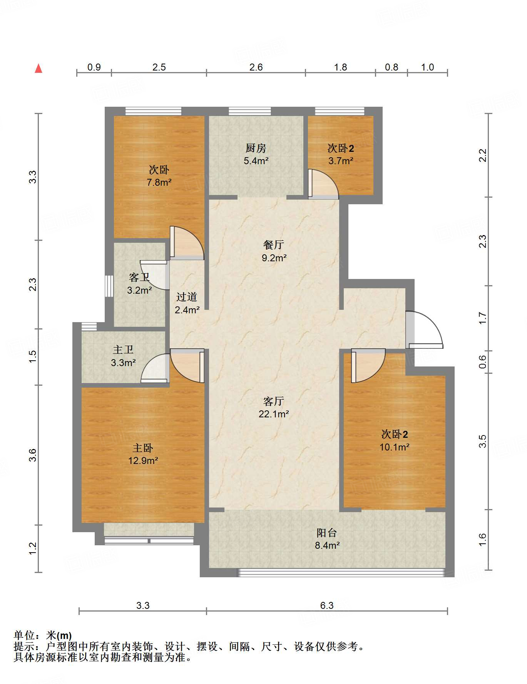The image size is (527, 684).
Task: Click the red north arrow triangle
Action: click(38, 68)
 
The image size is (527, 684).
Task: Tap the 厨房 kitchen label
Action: click(256, 148)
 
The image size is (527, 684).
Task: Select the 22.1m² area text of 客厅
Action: click(274, 414)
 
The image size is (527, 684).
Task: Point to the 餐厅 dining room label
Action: click(274, 245)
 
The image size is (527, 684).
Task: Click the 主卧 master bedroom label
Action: click(143, 448)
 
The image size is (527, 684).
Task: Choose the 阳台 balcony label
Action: click(327, 533)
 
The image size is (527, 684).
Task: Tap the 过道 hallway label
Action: click(187, 297)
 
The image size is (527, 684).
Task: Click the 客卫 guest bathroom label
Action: click(139, 277)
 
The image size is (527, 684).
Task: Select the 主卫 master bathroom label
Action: click(123, 350)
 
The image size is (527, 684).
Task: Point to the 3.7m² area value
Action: click(341, 161)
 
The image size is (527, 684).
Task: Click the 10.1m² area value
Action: click(395, 447)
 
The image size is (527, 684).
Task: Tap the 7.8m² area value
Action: click(159, 182)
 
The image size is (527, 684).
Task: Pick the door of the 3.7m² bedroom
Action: click(324, 184)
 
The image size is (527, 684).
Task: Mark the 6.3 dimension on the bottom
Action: click(327, 605)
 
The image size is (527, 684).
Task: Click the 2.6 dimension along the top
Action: click(256, 67)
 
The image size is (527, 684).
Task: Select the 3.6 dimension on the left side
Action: click(33, 455)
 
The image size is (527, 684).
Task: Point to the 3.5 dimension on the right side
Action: click(482, 441)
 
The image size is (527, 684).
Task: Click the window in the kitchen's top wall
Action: click(250, 111)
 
